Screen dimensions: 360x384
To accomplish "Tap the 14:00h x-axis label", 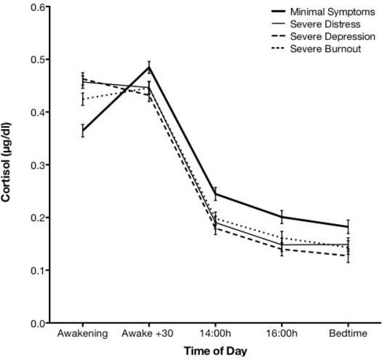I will click(x=216, y=334).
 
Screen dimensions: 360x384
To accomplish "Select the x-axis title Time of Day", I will click(x=216, y=350).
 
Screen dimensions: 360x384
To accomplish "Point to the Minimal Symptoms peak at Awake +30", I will click(x=149, y=67).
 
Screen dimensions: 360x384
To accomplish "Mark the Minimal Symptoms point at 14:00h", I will click(x=216, y=194).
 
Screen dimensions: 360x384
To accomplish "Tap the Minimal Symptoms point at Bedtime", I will click(x=348, y=227).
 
